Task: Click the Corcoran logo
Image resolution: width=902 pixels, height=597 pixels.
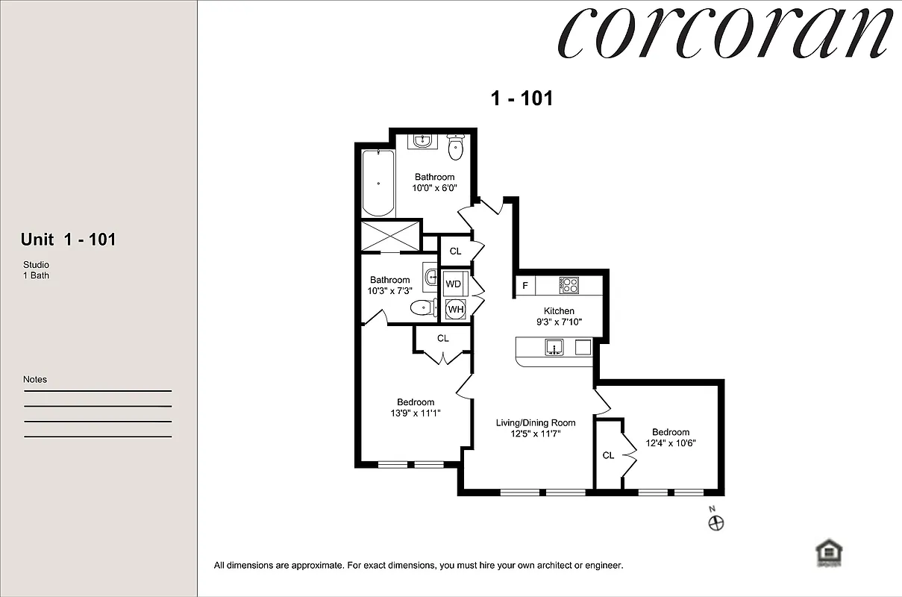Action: click(727, 34)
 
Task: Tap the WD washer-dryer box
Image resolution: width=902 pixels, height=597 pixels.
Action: click(454, 284)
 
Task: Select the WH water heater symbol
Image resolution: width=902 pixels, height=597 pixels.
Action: click(455, 309)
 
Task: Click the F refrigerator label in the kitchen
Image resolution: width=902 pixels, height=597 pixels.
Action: click(525, 285)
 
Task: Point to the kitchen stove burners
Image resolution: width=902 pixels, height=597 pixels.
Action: click(569, 284)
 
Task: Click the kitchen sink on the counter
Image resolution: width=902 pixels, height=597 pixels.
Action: click(554, 347)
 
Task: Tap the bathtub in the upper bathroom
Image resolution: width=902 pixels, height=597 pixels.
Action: click(378, 183)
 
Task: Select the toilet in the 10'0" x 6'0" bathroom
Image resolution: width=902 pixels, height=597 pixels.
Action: click(456, 147)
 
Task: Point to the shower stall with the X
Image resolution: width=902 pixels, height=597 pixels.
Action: click(391, 236)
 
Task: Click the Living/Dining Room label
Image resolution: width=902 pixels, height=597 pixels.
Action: click(536, 423)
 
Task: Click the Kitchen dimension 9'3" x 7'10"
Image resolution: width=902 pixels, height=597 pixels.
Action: click(559, 322)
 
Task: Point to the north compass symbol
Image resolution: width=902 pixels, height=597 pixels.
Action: click(715, 522)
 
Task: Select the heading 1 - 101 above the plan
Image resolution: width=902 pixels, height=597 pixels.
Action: click(522, 98)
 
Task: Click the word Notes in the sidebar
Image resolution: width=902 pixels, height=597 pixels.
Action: click(35, 379)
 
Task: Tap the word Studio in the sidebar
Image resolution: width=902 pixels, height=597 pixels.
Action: click(36, 265)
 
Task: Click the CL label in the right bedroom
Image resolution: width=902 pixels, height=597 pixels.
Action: click(608, 455)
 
